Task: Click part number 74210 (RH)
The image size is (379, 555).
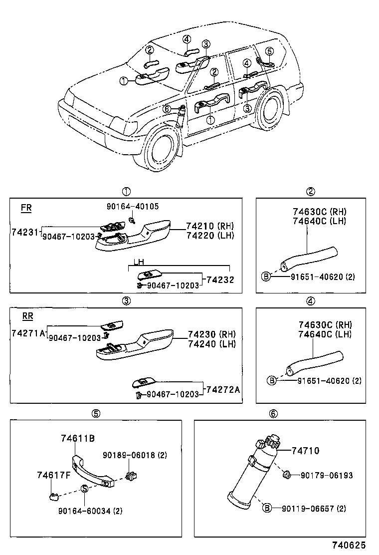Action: pyautogui.click(x=209, y=226)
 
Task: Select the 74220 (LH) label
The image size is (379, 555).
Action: pyautogui.click(x=209, y=236)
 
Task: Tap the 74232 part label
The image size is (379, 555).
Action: pyautogui.click(x=220, y=280)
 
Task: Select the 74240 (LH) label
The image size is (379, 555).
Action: pyautogui.click(x=211, y=344)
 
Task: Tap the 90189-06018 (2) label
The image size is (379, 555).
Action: pyautogui.click(x=135, y=455)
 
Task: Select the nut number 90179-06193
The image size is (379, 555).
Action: pyautogui.click(x=326, y=476)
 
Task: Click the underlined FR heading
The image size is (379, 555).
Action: pyautogui.click(x=26, y=208)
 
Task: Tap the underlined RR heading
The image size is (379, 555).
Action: pyautogui.click(x=27, y=316)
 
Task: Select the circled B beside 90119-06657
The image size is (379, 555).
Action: pyautogui.click(x=267, y=508)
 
